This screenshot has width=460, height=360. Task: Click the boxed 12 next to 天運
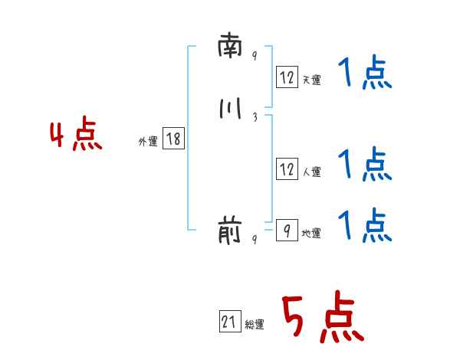pos(287,77)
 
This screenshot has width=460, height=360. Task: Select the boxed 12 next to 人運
pos(287,169)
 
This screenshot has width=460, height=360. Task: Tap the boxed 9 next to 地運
pos(287,230)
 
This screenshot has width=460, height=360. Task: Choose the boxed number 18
pos(173,139)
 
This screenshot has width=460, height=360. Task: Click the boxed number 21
pos(229,322)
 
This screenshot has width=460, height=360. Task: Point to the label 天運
pos(311,80)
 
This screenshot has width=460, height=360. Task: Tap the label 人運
pos(311,172)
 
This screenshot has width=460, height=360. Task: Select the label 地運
pos(311,233)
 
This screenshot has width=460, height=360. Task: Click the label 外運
pos(148,142)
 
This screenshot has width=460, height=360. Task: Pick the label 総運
pos(255,325)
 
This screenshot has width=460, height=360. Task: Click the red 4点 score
pos(76,136)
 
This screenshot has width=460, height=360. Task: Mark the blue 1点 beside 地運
pos(364,226)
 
